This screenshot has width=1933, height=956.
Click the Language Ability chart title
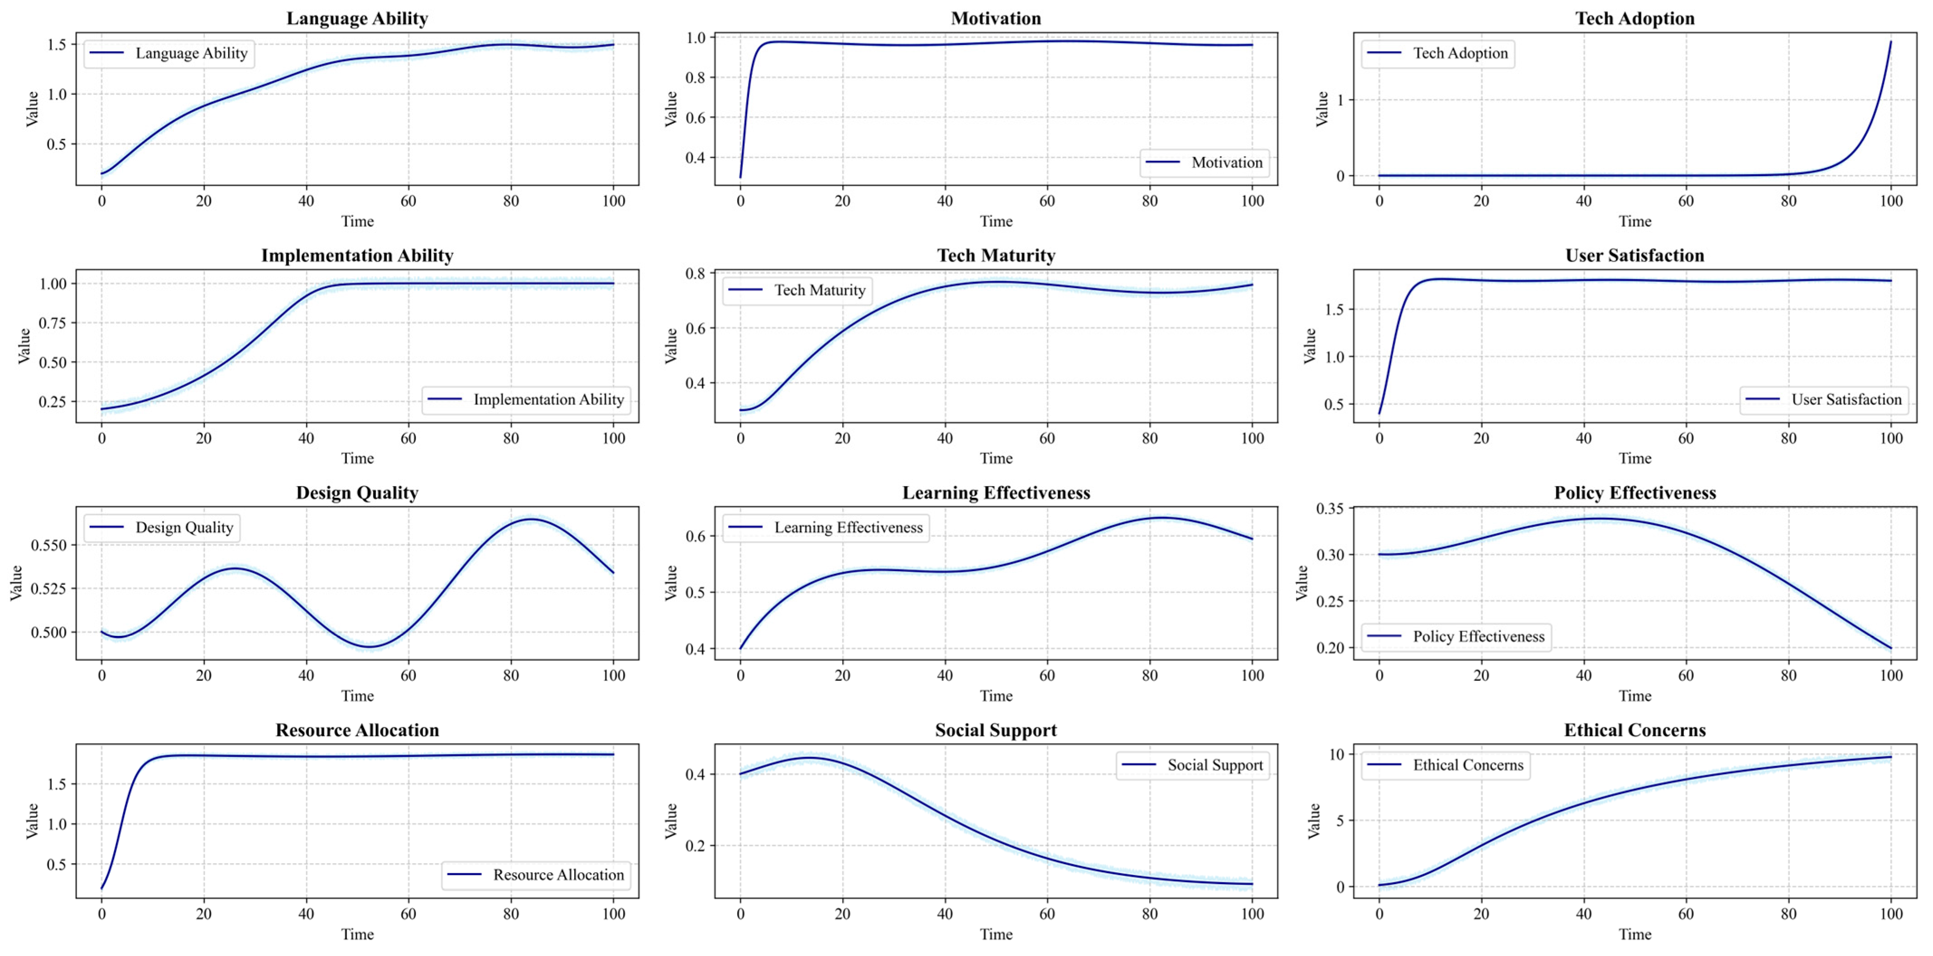357,19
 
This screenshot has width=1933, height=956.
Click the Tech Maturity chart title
996,256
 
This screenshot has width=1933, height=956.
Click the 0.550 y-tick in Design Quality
48,545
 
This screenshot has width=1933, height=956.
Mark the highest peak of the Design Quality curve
531,519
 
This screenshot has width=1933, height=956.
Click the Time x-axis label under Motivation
996,221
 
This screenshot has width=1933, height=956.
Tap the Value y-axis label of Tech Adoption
1321,109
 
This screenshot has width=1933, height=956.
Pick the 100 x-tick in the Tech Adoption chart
1891,201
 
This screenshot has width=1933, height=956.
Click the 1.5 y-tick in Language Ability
56,44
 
